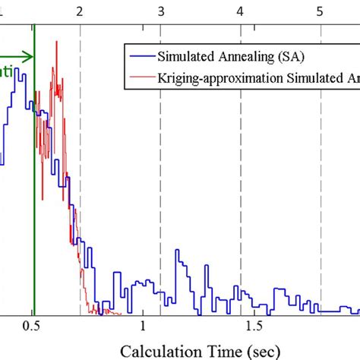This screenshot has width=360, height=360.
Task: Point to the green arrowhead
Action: [29, 55]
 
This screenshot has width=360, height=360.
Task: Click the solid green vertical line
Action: [34, 190]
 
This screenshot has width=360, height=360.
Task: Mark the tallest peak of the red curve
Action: [56, 42]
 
